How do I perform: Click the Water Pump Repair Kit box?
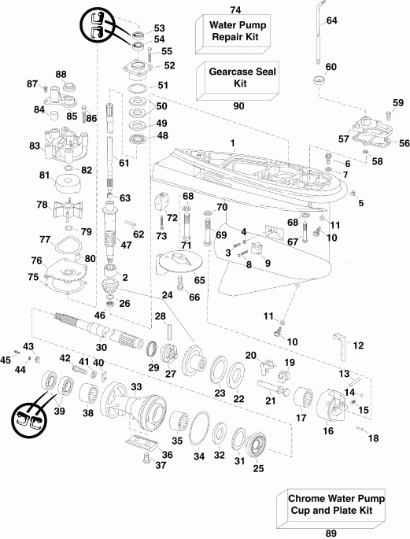coord(235,32)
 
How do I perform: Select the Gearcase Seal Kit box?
coord(235,77)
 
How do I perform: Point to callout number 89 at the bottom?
coord(330,533)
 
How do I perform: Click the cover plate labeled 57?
coord(368,131)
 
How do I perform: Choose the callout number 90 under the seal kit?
coord(235,105)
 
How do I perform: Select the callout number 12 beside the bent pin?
coord(358,345)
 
